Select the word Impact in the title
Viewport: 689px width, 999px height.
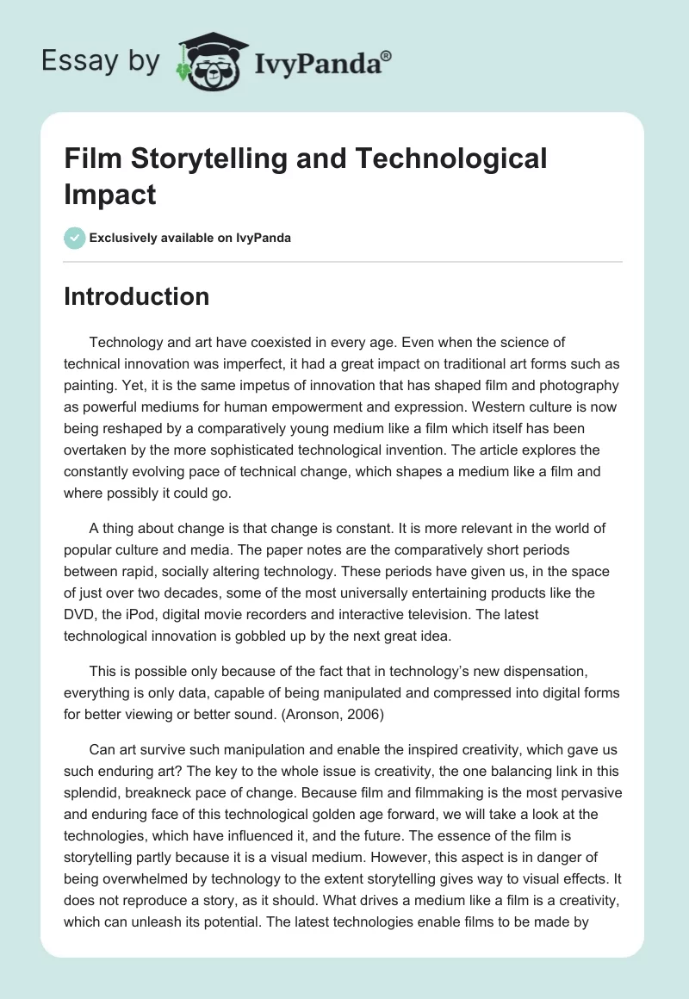click(110, 194)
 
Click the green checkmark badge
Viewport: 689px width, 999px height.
click(75, 238)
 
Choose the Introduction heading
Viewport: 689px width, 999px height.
click(136, 296)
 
